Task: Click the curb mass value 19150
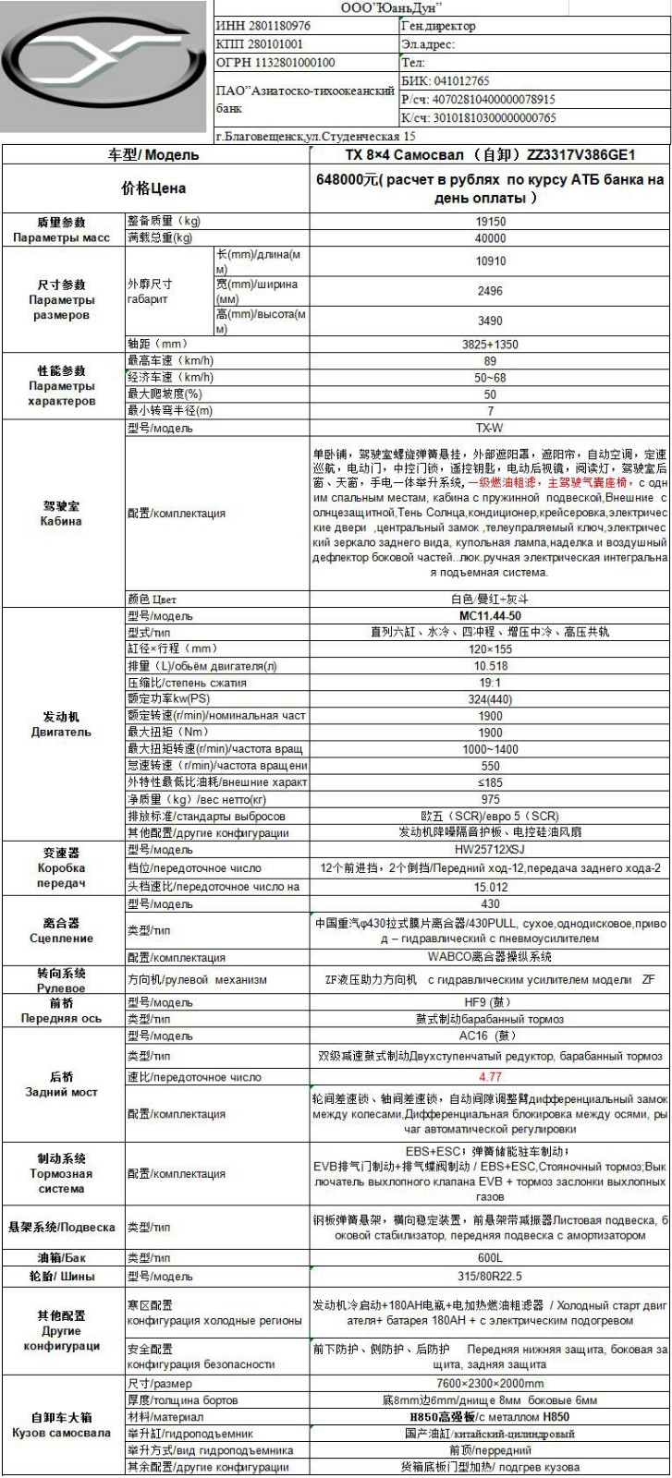point(490,222)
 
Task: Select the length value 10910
point(490,261)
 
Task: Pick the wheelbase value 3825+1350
point(490,345)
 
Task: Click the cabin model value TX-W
point(490,428)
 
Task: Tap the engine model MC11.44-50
point(490,615)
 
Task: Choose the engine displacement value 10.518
point(490,665)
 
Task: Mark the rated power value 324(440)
point(490,698)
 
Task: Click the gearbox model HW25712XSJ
point(490,850)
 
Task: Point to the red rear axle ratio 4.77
point(490,1076)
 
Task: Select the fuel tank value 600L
point(490,1257)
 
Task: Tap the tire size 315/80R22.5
point(490,1276)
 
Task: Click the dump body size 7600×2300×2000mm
point(490,1383)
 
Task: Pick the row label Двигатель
point(62,732)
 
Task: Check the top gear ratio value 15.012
point(490,886)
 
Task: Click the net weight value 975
point(490,799)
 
